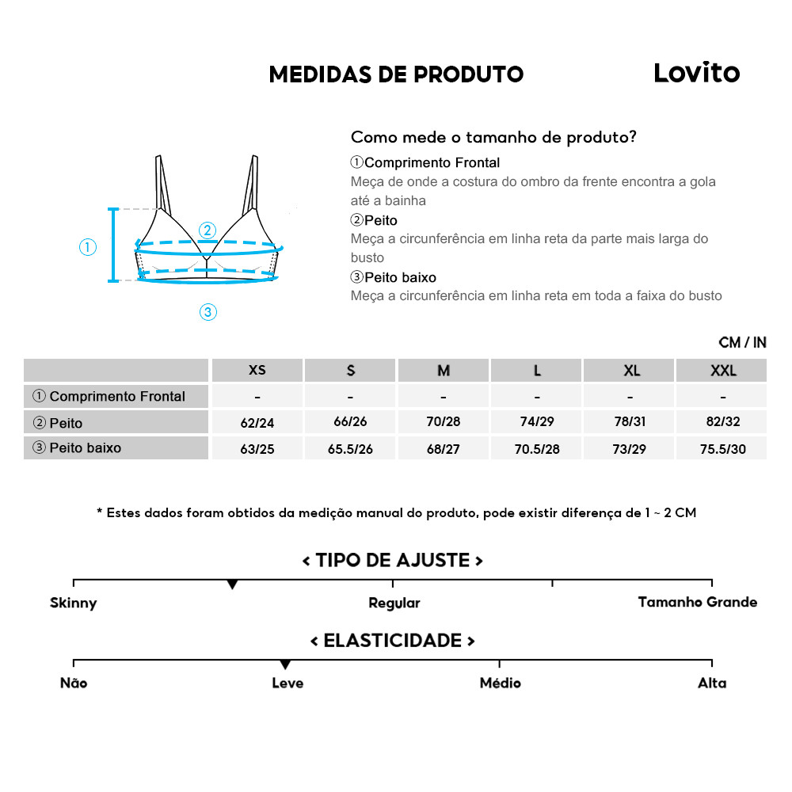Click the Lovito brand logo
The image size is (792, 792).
696,73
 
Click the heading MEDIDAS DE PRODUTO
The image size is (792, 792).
396,74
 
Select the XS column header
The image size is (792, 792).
257,370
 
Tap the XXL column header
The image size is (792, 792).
722,370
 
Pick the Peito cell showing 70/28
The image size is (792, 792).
444,422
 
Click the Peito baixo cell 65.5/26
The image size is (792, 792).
350,449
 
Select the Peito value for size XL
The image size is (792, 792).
630,422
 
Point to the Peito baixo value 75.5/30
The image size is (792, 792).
722,449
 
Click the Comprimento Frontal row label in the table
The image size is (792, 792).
116,396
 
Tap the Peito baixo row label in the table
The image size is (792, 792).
85,447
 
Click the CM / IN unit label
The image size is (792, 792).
742,342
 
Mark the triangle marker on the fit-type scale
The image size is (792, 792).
232,584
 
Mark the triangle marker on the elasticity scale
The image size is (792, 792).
285,664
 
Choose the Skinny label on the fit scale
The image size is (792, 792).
73,603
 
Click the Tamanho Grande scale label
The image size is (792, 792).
697,602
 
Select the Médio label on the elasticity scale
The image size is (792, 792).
500,683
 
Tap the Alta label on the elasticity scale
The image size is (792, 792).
711,683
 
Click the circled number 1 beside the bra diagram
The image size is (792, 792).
88,247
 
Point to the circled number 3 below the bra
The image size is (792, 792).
208,312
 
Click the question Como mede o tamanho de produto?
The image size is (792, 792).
493,137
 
